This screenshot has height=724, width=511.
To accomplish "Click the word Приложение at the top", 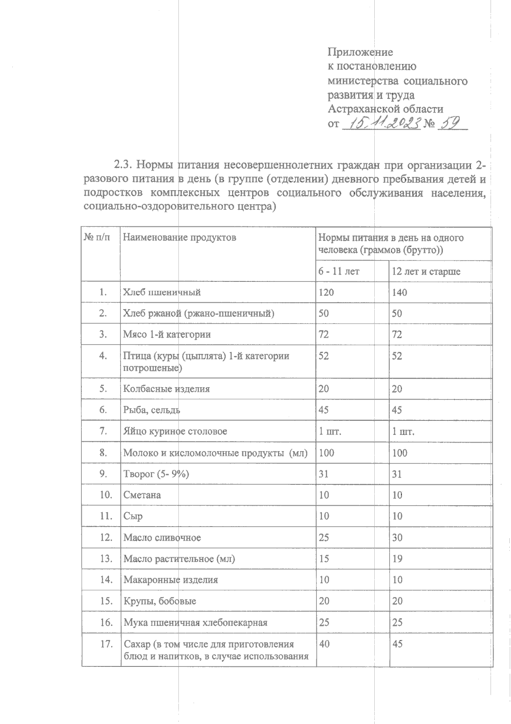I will tap(360, 52).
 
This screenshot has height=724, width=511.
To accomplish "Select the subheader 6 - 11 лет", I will tap(339, 271).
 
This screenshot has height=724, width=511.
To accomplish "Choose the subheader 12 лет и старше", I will tap(426, 271).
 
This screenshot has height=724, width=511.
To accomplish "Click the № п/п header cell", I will tap(97, 237).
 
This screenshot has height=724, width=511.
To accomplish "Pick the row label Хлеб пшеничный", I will tap(162, 292).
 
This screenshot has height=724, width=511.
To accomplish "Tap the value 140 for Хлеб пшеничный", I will tap(399, 292).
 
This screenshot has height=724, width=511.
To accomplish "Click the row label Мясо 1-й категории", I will tap(167, 334).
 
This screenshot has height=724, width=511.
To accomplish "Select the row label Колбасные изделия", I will tap(167, 389).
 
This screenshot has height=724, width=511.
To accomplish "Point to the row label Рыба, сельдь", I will tap(152, 410).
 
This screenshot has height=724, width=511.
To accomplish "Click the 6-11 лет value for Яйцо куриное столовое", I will tap(330, 432).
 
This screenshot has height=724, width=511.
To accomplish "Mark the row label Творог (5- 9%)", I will tap(156, 474).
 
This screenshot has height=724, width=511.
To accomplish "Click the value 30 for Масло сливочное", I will tap(397, 537).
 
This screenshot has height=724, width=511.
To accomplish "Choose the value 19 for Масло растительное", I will tap(397, 559).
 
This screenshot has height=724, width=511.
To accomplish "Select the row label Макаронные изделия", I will tap(171, 580).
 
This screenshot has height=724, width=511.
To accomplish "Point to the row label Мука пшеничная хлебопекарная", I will tap(195, 623).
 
